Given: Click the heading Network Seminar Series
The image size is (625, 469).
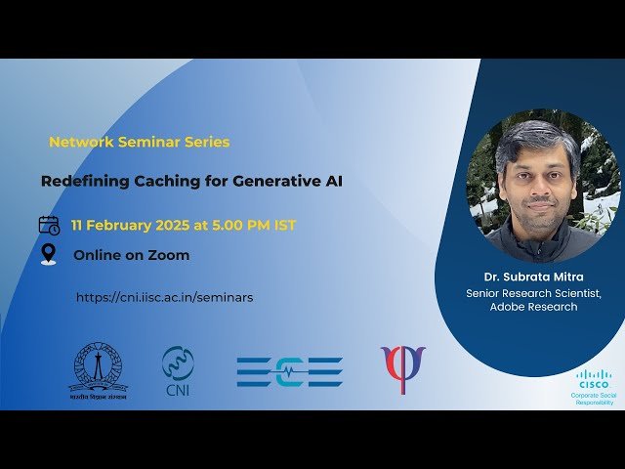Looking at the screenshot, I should tap(140, 142).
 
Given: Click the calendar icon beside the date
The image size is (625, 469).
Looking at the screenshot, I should tap(49, 225).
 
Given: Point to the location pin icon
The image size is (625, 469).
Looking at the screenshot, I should tap(49, 255).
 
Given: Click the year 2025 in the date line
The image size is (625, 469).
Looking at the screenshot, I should tap(171, 226).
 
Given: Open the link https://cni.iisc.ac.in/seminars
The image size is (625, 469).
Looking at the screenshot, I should tap(164, 297).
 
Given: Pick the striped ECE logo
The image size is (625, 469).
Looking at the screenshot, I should tap(289, 371).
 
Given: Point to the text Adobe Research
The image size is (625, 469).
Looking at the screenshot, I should tap(533, 307).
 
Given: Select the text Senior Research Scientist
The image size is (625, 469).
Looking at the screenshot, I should tap(533, 292).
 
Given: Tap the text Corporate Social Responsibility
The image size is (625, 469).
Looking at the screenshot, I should tap(593, 399).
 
